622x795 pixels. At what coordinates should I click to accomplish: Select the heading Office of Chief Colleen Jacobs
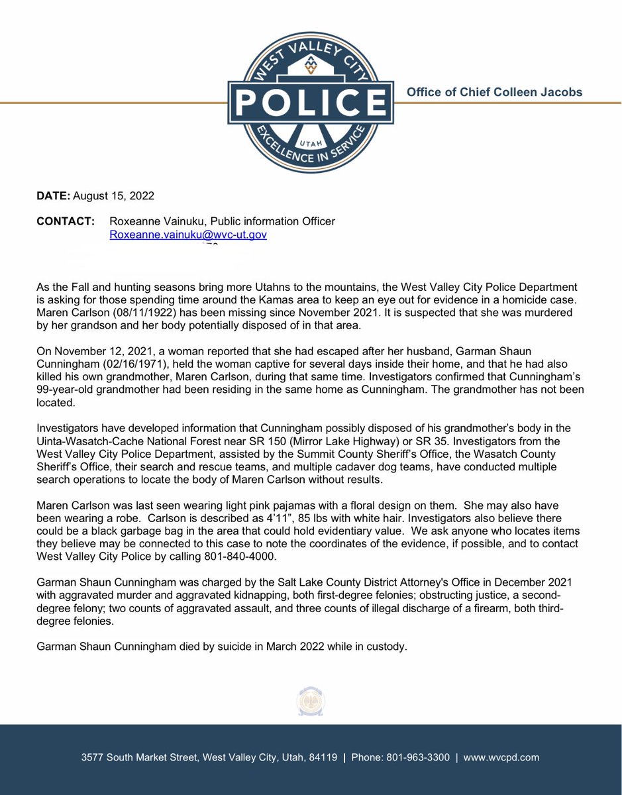pos(494,92)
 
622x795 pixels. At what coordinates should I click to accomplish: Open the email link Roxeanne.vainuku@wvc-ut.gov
pos(188,235)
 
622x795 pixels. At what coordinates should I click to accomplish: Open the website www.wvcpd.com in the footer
pos(501,757)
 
